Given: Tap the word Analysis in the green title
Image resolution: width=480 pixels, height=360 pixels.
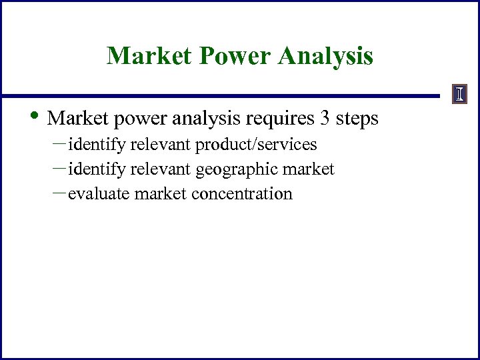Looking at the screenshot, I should coord(327,56).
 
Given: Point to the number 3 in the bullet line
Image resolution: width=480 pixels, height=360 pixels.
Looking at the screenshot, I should coord(325,119).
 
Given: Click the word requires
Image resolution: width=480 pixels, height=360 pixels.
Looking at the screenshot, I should coord(280,119).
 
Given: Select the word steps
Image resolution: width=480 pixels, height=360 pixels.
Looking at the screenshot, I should coord(357,119).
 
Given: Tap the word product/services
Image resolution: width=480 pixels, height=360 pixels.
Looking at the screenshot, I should coord(256,145).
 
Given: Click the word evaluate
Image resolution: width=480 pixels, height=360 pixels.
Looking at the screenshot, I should coord(99,194).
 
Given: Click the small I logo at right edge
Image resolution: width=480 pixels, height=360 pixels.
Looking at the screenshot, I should coord(459,95).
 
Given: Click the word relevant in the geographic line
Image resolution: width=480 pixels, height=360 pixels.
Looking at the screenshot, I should coord(161,170).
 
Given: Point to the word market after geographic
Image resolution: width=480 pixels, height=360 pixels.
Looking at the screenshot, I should coord(309,170).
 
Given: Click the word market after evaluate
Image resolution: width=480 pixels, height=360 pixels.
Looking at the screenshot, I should coord(160,194).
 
